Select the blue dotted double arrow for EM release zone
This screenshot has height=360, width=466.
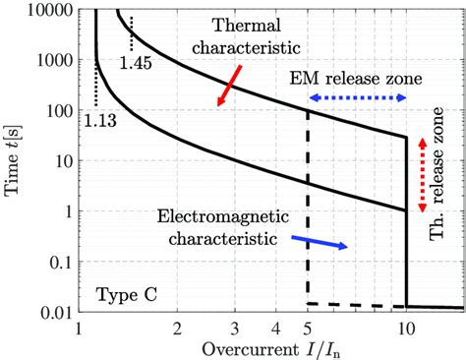pyautogui.click(x=356, y=98)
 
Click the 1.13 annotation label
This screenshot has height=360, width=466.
pyautogui.click(x=96, y=122)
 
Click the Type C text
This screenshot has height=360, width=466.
pyautogui.click(x=121, y=294)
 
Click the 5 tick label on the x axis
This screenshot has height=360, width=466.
pyautogui.click(x=309, y=328)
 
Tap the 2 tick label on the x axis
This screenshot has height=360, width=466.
pyautogui.click(x=178, y=328)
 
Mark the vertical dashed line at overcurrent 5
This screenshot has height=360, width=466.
pyautogui.click(x=309, y=207)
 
